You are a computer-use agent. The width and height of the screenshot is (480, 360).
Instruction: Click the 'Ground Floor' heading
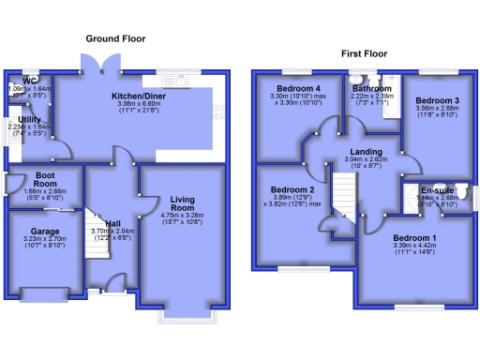tap(115, 38)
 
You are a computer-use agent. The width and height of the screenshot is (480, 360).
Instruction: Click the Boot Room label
tap(43, 179)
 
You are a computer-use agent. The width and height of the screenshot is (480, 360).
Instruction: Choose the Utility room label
tap(30, 120)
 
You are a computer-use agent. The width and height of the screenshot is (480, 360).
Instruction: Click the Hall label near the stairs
tap(112, 223)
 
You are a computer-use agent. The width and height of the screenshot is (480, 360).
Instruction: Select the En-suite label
tap(434, 190)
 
